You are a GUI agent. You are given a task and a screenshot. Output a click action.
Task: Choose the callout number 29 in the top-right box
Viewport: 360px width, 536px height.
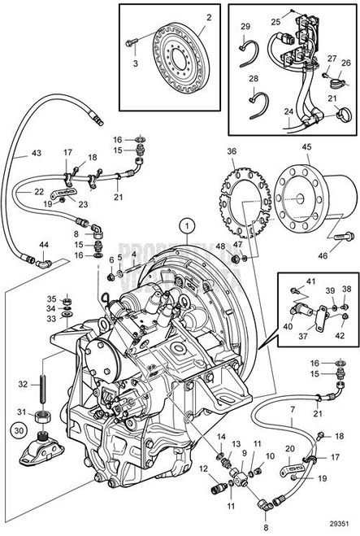(x=245, y=27)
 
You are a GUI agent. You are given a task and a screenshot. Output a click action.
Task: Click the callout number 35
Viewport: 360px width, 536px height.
(x=51, y=298)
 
